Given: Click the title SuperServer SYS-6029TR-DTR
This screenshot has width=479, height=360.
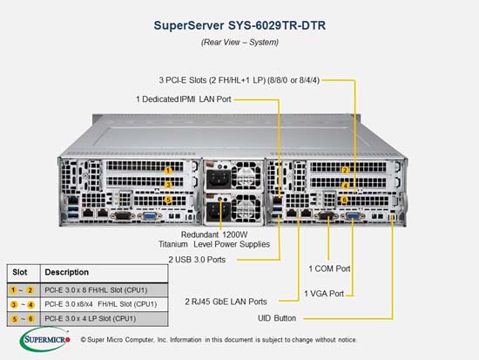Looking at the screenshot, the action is coord(239,25).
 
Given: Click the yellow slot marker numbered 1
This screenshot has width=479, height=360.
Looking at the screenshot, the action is coord(168,170).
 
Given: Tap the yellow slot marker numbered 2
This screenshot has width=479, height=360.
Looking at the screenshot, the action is coord(345,170).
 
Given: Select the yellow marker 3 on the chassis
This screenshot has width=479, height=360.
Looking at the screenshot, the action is coord(168,185).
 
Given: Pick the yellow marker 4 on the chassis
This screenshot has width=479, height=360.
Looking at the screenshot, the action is coord(345,186).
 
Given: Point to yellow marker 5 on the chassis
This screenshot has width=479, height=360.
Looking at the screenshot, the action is coord(168,200).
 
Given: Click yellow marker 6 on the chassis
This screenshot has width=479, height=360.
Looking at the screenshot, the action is coord(344,200).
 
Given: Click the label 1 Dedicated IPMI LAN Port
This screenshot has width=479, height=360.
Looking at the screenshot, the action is coord(183,99).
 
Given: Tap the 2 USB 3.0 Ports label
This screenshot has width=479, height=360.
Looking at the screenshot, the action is coord(197,260).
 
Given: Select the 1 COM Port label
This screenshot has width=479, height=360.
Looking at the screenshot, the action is coord(329,268).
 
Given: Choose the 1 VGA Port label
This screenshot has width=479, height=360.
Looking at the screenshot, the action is coord(324,294).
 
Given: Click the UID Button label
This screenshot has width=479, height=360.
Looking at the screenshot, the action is coord(277,318).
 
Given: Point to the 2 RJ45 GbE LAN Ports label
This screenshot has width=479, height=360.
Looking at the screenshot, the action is coord(226,302).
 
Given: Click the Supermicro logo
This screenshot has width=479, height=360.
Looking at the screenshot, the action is coord(45,339).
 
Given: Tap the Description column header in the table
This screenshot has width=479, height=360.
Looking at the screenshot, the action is coord(66,272).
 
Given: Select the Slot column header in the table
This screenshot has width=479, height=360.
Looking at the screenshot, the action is coord(19,272).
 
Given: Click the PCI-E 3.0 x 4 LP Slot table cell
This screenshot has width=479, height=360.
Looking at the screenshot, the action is coord(90,319).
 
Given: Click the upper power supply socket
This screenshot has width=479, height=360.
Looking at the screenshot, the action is coord(219,179).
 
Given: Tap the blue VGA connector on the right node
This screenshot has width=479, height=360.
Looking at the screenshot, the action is coord(353,216).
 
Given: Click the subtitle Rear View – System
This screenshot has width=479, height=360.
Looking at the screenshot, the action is coord(239,42).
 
